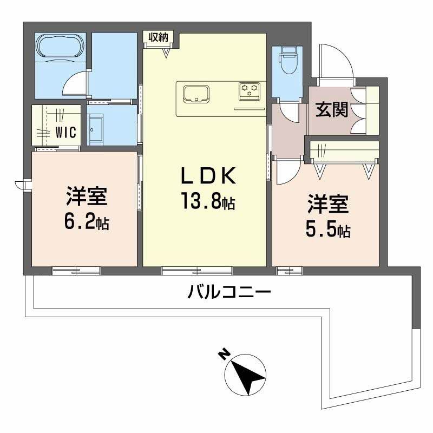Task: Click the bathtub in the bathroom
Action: click(60, 48)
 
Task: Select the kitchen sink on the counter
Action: click(196, 94)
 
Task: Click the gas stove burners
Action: click(250, 90)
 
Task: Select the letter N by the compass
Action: click(222, 355)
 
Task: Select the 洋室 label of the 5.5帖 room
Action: click(328, 205)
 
